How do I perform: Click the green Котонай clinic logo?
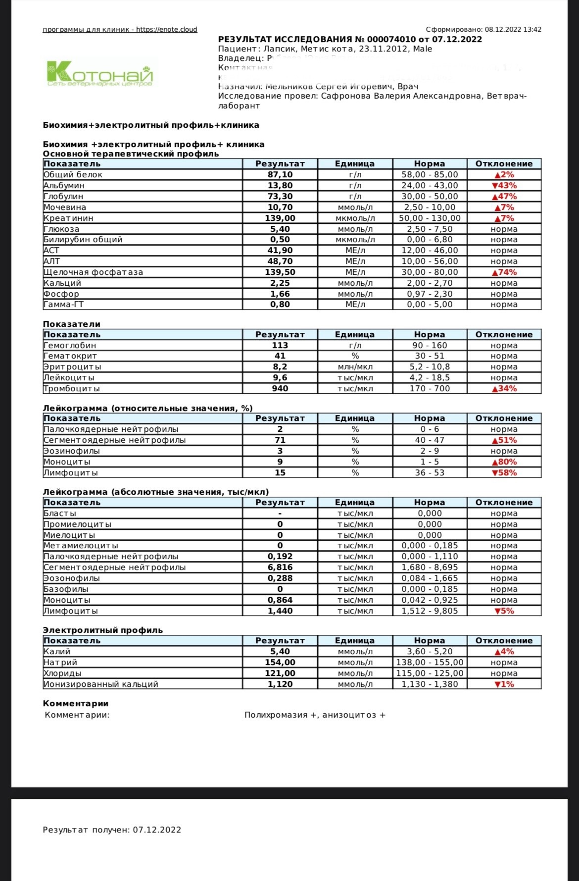pyautogui.click(x=100, y=74)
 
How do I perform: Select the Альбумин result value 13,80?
pyautogui.click(x=280, y=186)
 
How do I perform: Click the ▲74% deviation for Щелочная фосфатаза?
pyautogui.click(x=504, y=272)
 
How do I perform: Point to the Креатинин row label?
pyautogui.click(x=68, y=218)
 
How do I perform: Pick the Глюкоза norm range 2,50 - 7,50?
pyautogui.click(x=430, y=229)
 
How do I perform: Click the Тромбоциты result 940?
pyautogui.click(x=280, y=389)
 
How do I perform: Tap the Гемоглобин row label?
pyautogui.click(x=70, y=346)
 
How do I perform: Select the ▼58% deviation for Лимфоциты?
pyautogui.click(x=504, y=473)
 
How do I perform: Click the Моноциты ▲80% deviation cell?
pyautogui.click(x=504, y=462)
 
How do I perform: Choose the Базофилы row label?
pyautogui.click(x=66, y=589)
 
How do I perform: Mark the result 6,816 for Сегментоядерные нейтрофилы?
pyautogui.click(x=280, y=568)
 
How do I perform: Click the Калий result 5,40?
pyautogui.click(x=280, y=652)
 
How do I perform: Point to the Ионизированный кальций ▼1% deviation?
pyautogui.click(x=504, y=684)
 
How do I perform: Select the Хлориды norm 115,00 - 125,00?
pyautogui.click(x=430, y=674)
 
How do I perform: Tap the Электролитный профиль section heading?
pyautogui.click(x=102, y=630)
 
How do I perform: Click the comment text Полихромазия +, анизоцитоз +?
pyautogui.click(x=315, y=715)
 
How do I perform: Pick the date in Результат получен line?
pyautogui.click(x=157, y=830)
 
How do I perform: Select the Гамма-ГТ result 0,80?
pyautogui.click(x=280, y=305)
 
